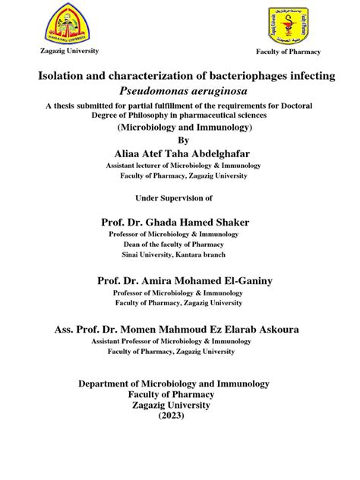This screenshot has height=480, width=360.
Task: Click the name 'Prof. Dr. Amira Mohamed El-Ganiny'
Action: coord(185,280)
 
